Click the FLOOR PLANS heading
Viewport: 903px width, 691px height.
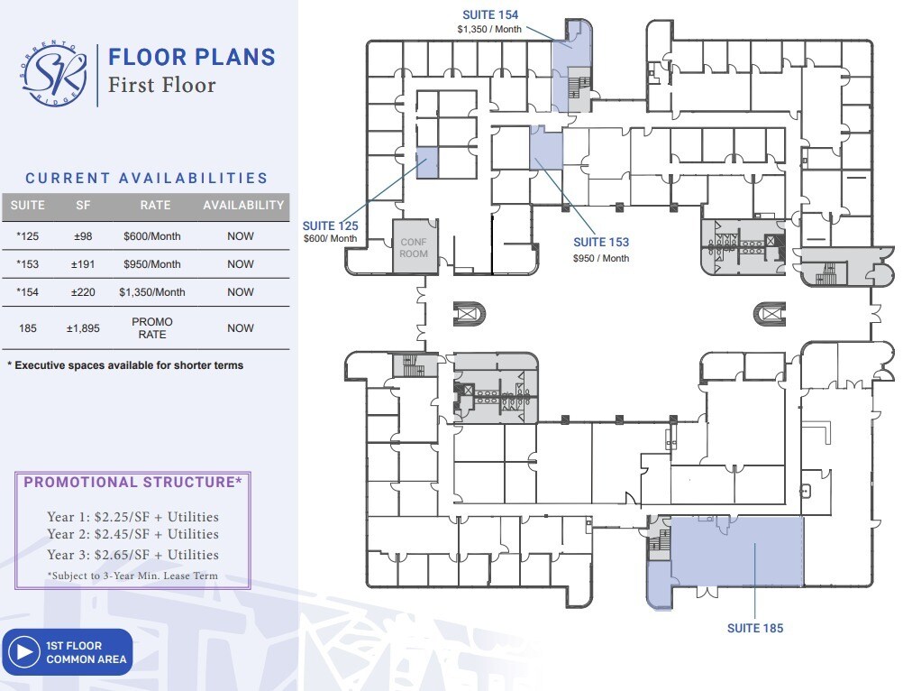coord(191,57)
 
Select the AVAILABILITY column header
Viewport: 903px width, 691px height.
coord(242,206)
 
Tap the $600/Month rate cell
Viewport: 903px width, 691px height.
coord(151,236)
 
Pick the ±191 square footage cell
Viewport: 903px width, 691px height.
coord(83,264)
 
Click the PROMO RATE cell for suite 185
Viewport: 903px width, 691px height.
coord(151,328)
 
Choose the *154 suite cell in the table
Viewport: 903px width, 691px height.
coord(27,292)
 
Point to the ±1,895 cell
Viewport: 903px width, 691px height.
coord(83,328)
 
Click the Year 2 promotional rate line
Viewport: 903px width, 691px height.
coord(132,535)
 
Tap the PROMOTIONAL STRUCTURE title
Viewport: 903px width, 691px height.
coord(132,483)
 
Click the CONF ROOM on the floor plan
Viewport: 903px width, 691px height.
coord(414,247)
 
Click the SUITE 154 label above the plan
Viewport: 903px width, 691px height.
coord(490,15)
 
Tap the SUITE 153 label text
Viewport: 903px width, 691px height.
coord(601,243)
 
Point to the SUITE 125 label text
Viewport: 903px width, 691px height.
coord(330,226)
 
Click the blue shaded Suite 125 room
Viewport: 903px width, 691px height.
coord(426,162)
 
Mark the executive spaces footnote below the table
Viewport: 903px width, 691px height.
coord(125,365)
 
